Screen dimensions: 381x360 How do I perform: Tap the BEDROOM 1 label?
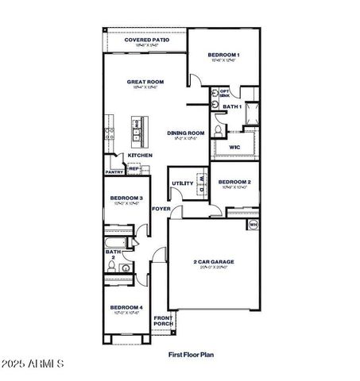pos(223,55)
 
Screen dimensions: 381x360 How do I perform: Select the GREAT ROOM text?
pos(145,81)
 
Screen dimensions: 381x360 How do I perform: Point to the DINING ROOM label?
pos(186,133)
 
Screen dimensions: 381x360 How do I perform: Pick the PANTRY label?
pos(114,171)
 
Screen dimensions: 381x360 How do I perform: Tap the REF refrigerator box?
pos(134,168)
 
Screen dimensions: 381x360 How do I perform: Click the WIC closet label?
pos(234,147)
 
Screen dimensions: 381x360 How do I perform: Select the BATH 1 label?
pos(231,106)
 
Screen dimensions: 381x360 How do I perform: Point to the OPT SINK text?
pos(225,93)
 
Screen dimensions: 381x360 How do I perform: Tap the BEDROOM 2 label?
pos(234,182)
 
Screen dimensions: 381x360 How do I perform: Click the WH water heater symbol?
pos(254,225)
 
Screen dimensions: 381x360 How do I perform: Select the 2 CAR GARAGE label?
pos(214,261)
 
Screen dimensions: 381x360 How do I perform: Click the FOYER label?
pos(161,209)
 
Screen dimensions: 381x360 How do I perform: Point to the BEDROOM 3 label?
pos(126,198)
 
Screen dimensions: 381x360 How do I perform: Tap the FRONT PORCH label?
pos(163,321)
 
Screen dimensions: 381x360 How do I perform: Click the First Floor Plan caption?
pos(191,356)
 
